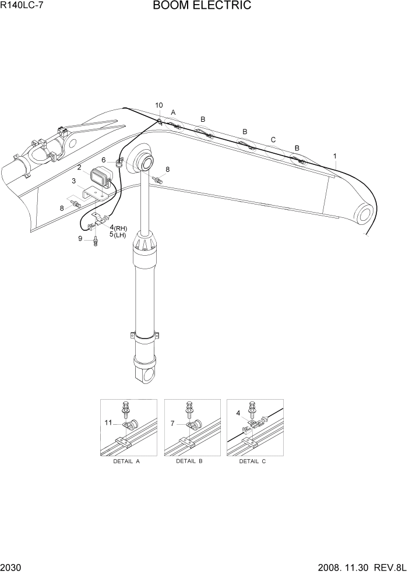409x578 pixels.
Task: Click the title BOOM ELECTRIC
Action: (x=202, y=6)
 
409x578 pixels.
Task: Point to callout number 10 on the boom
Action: (x=159, y=105)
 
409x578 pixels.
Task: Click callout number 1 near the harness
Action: (x=334, y=156)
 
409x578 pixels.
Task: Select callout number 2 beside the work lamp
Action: (x=79, y=168)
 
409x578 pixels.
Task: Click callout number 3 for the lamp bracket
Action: (x=74, y=181)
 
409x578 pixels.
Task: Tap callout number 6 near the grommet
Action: (x=104, y=160)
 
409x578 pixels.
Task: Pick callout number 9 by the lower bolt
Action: (x=81, y=238)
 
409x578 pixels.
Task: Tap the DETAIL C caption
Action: (x=252, y=461)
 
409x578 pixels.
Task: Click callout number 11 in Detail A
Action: (x=108, y=423)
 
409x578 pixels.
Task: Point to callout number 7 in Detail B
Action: (x=173, y=423)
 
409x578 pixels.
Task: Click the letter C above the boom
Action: (x=273, y=139)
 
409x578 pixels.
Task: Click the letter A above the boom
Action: (x=173, y=112)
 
